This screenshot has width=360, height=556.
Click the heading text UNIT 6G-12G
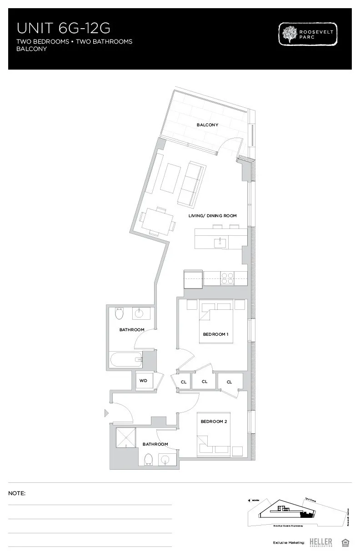click(x=64, y=28)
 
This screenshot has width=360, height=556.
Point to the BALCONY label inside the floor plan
click(x=207, y=125)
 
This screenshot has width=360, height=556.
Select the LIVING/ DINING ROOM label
click(x=212, y=216)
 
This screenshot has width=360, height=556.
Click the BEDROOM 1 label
click(x=215, y=334)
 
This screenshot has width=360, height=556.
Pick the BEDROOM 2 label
click(x=214, y=422)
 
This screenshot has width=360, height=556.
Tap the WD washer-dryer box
click(x=143, y=380)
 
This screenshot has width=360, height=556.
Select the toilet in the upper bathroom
click(x=120, y=313)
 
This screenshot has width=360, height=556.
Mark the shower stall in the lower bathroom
click(x=126, y=437)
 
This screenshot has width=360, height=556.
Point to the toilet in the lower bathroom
click(x=148, y=460)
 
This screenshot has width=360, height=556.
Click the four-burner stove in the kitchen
click(x=227, y=278)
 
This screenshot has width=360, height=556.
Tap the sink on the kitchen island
click(x=220, y=242)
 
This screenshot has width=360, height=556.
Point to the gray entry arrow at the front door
click(x=107, y=413)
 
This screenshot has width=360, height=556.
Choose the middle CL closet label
click(x=205, y=382)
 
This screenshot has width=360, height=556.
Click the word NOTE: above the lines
click(x=17, y=493)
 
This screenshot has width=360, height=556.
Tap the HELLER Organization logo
click(x=320, y=542)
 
